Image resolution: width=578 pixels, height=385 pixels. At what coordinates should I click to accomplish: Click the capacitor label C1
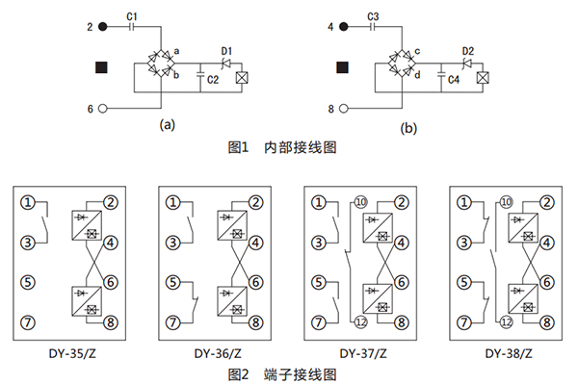pos(133,15)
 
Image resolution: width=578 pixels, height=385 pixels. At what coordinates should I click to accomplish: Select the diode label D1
pos(227,50)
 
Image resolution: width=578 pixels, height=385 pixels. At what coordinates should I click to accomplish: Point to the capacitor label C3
pos(373,15)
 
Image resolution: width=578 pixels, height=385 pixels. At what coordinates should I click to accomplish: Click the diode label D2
pos(467,50)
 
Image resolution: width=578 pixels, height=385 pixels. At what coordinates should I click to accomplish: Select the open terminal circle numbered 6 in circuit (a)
pos(104,109)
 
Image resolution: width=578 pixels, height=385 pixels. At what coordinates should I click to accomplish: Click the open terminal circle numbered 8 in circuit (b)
pos(344,109)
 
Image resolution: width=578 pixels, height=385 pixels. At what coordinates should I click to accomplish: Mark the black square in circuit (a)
pos(102,67)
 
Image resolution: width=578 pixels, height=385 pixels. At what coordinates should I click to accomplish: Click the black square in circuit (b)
pos(341,67)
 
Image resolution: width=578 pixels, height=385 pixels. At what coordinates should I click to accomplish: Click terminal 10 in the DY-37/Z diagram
pos(360,202)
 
